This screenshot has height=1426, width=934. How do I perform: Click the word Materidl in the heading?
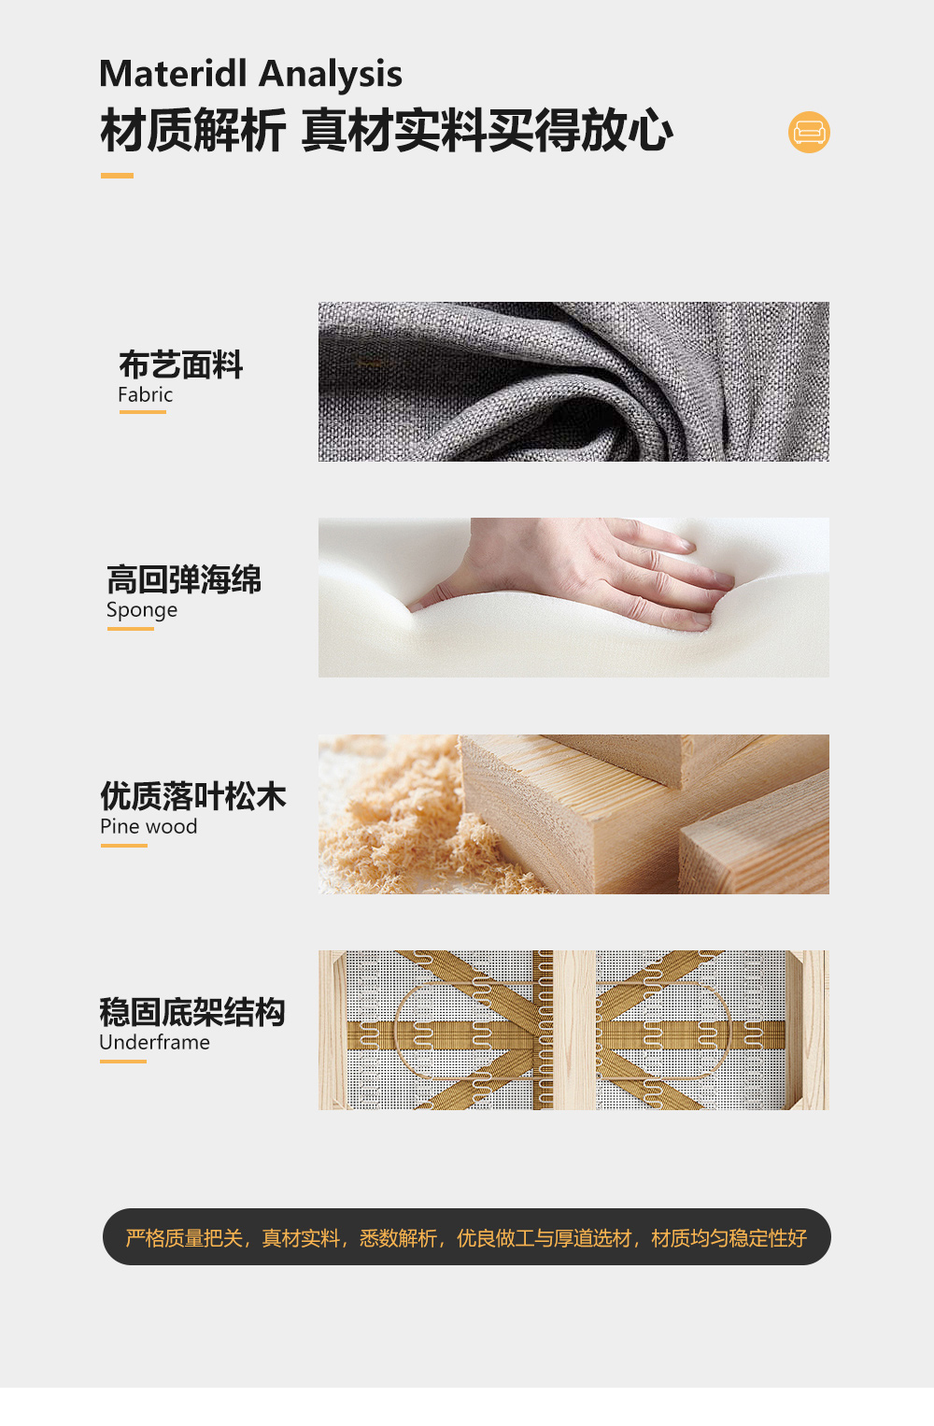click(173, 73)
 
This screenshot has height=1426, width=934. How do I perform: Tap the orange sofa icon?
click(809, 133)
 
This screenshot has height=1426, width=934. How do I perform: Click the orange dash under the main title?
click(117, 176)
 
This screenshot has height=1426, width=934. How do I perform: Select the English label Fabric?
click(145, 394)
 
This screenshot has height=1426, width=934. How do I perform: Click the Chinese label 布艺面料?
click(180, 364)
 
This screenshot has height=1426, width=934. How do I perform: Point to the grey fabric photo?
click(573, 381)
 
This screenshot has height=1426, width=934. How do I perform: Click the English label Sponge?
click(142, 610)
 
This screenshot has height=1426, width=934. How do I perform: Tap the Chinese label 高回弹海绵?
click(184, 579)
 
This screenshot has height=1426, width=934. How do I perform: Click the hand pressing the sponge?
click(586, 570)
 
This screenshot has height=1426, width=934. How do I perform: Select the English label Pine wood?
click(149, 826)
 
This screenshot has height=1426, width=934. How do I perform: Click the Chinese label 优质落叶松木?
click(193, 796)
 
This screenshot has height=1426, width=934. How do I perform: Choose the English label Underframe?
click(155, 1042)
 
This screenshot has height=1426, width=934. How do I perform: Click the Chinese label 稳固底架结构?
click(192, 1012)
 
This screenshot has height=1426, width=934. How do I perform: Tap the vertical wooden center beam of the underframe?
click(574, 1030)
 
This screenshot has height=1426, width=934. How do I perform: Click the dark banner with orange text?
click(466, 1237)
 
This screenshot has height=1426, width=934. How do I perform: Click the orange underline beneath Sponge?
click(131, 629)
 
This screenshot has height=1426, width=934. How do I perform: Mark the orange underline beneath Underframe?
click(122, 1062)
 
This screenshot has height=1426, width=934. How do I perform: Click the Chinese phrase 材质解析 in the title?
click(192, 131)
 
